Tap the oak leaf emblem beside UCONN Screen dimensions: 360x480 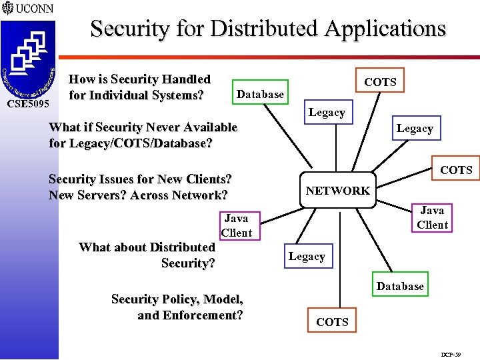(7, 9)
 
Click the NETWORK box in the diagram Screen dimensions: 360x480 (337, 191)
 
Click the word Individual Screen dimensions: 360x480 (121, 95)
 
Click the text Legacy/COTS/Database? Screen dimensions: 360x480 (131, 143)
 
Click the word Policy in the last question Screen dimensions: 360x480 (175, 299)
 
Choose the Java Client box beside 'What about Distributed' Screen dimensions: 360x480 (236, 225)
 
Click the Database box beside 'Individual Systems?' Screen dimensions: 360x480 (260, 95)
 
